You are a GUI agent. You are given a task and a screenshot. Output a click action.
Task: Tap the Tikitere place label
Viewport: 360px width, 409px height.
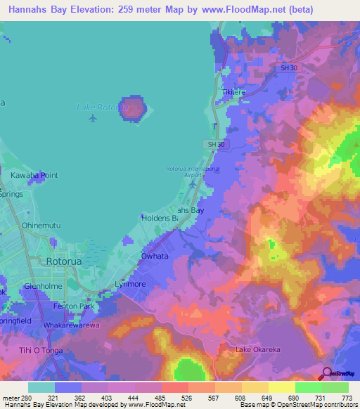tap(233, 92)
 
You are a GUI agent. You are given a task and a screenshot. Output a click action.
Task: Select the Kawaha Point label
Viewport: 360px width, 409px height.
tap(34, 175)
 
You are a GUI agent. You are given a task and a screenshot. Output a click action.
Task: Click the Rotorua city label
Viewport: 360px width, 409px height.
tap(65, 261)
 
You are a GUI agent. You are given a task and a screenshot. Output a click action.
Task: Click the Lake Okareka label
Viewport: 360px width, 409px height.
tap(257, 349)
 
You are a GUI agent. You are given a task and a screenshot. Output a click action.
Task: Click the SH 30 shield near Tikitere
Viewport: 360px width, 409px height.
tap(288, 67)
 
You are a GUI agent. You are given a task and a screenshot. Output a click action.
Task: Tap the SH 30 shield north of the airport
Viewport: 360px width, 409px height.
tap(216, 144)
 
